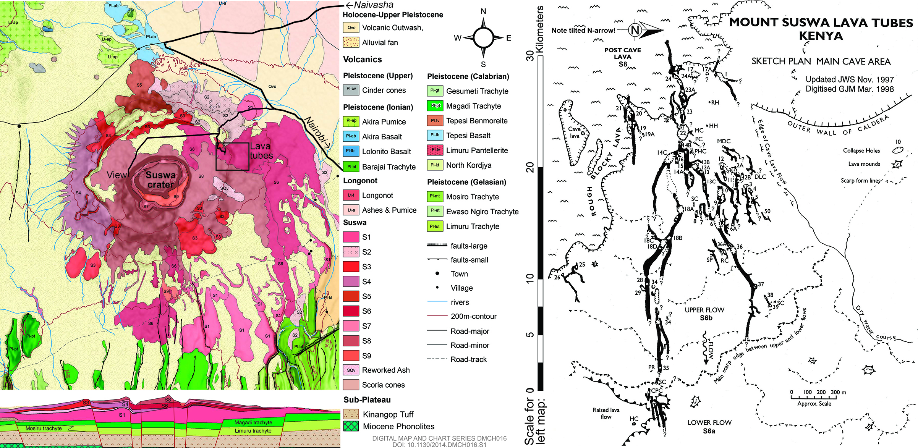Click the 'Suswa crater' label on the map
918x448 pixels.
coord(160,180)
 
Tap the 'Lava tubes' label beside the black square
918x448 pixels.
coord(261,151)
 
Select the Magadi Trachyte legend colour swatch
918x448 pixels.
coord(435,106)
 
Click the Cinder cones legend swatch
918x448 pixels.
coord(351,90)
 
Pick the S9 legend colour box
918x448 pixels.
coord(351,356)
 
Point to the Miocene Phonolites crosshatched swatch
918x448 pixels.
coord(351,426)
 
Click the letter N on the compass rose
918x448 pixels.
coord(483,11)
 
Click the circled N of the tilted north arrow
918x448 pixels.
coord(635,30)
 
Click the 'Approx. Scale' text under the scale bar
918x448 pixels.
coord(814,404)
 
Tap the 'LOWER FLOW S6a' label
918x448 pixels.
coord(709,427)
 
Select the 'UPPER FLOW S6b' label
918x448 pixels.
coord(704,314)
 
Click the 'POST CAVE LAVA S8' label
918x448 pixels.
coord(623,57)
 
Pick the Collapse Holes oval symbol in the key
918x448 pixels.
coord(898,150)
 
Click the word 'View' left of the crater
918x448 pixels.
coord(117,175)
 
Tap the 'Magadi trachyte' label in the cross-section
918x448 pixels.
coord(253,422)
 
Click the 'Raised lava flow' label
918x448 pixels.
coord(606,413)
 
